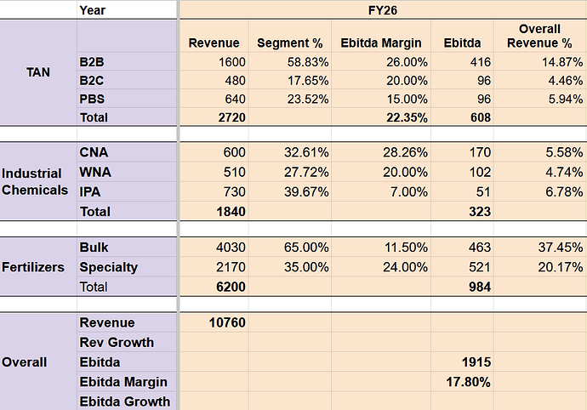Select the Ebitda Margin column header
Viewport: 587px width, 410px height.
pyautogui.click(x=372, y=43)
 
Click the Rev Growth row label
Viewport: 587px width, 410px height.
pyautogui.click(x=116, y=342)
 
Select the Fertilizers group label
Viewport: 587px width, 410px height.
pyautogui.click(x=33, y=267)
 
